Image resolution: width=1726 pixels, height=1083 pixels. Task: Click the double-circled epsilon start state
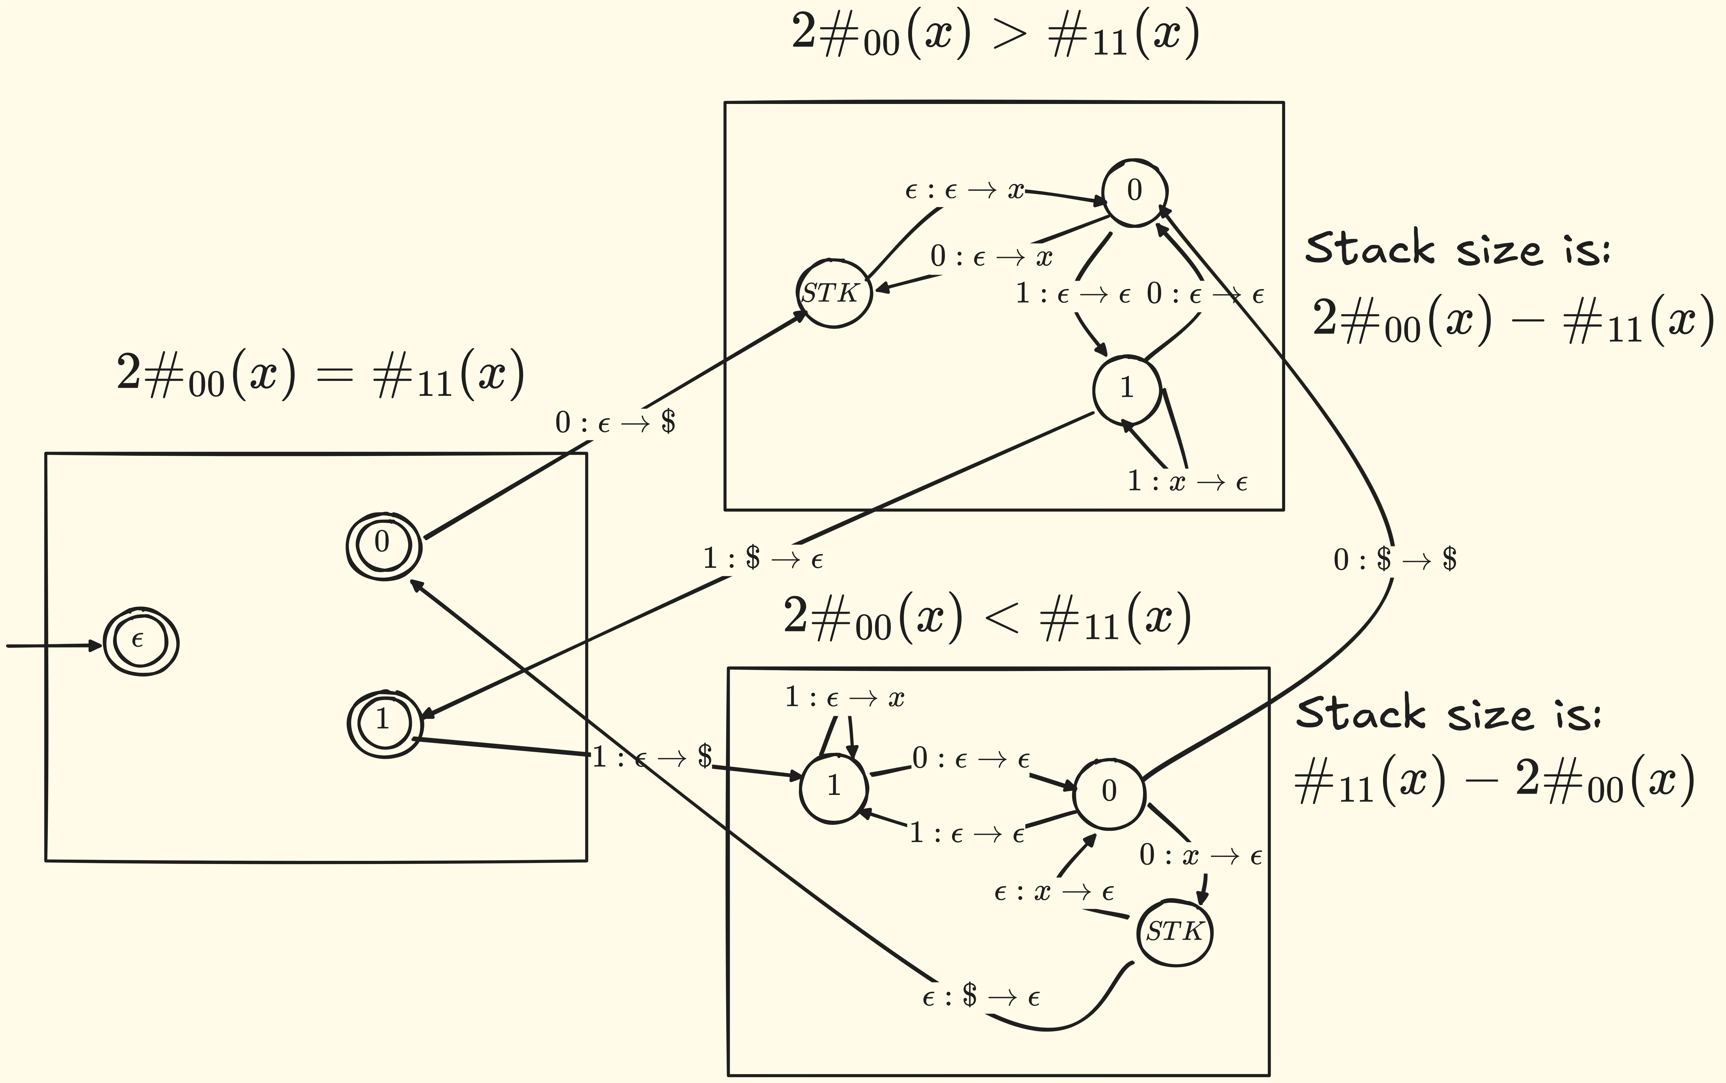pos(140,642)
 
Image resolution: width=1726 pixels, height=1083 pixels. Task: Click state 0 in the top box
pos(1134,191)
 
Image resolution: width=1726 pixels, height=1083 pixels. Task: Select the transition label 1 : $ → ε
pos(763,559)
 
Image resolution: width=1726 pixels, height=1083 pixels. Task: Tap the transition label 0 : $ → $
pos(1394,559)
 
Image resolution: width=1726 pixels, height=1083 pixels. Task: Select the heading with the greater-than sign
pos(996,34)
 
